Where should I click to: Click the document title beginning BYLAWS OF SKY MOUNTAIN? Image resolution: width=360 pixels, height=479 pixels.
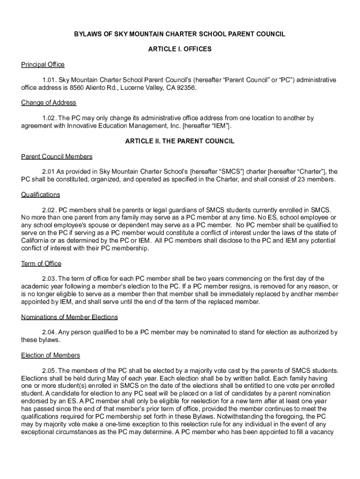point(180,35)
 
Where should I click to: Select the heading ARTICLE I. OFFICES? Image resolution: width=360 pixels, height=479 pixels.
point(180,49)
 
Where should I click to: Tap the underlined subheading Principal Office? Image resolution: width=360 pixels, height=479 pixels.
point(43,65)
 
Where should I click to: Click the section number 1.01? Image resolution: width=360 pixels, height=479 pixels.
point(49,80)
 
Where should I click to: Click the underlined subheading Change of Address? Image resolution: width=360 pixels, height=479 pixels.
point(49,102)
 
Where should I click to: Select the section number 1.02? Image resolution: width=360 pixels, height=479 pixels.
point(49,118)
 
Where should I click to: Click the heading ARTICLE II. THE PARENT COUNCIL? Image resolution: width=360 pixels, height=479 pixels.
point(180,141)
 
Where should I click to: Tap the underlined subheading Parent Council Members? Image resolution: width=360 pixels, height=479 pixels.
point(57,156)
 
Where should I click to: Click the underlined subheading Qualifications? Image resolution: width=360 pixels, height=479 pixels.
point(41,195)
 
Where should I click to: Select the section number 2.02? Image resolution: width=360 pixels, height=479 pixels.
point(49,210)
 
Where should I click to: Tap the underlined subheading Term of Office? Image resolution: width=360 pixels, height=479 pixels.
point(41,263)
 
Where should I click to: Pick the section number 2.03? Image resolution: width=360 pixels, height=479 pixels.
point(49,279)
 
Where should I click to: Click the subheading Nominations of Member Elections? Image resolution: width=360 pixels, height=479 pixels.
point(69,317)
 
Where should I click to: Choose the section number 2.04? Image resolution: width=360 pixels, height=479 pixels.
point(49,333)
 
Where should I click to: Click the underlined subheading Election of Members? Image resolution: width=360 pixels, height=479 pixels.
point(50,356)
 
